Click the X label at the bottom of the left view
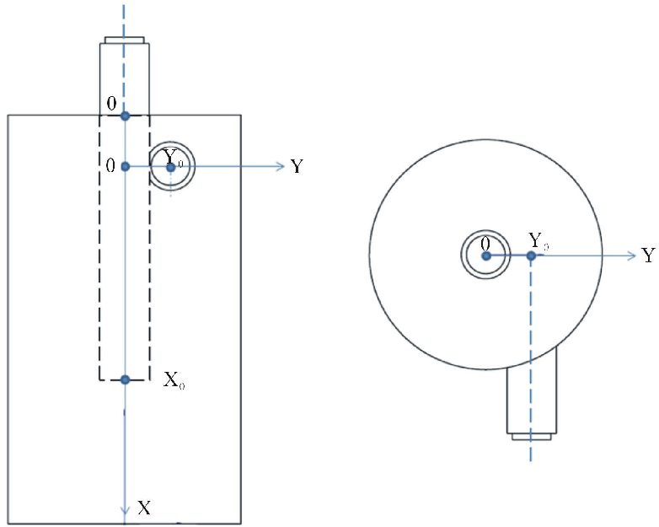click(145, 508)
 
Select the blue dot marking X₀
click(125, 380)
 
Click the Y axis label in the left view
click(297, 167)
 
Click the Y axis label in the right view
click(647, 255)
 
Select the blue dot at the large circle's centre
click(486, 255)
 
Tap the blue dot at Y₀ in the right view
click(530, 255)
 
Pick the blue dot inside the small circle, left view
click(171, 168)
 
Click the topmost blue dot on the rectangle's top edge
click(125, 115)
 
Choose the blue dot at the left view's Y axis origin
click(125, 167)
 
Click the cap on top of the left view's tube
click(125, 39)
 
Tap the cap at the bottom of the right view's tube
click(531, 436)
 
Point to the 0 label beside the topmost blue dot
click(110, 104)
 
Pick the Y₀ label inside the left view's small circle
click(173, 158)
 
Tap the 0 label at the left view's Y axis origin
click(110, 166)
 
